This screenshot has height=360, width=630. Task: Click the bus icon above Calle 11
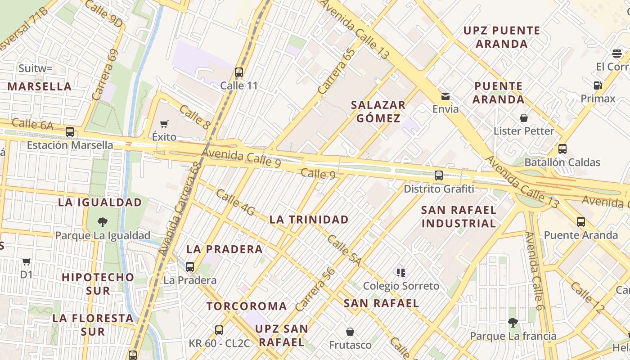[239, 72]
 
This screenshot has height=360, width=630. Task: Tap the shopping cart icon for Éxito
[164, 124]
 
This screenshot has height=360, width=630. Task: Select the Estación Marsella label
[70, 145]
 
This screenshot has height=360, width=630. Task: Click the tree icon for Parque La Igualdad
[103, 222]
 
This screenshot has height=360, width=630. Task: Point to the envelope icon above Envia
[445, 96]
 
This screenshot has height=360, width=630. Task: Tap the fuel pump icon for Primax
[598, 85]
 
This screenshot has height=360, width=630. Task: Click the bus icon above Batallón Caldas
[562, 149]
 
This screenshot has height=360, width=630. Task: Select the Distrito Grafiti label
[439, 189]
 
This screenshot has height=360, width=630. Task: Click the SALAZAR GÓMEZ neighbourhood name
[378, 112]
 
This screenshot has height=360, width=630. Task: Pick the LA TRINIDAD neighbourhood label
[309, 220]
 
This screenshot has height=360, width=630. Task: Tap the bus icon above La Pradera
[190, 266]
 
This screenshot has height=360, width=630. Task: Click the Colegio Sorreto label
[401, 286]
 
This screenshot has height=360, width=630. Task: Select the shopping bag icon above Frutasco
[350, 332]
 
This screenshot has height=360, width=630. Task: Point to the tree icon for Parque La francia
[513, 322]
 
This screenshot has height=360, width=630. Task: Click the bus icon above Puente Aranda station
[581, 221]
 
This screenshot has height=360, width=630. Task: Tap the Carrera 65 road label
[336, 71]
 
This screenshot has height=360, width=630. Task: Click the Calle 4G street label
[235, 202]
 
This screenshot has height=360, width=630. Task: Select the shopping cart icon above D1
[27, 261]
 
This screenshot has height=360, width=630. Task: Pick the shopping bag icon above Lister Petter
[524, 118]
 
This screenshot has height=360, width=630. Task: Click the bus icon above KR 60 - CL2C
[219, 330]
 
